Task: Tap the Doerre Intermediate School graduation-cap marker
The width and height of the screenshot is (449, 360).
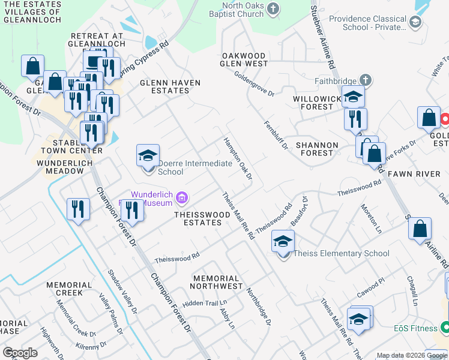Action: (148, 156)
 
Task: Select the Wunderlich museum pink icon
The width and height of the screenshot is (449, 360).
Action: (182, 197)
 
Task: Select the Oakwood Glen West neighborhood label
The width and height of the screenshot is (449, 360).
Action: (244, 59)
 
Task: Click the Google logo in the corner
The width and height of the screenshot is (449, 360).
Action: (20, 353)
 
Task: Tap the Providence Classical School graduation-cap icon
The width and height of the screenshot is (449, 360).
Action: (414, 22)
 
